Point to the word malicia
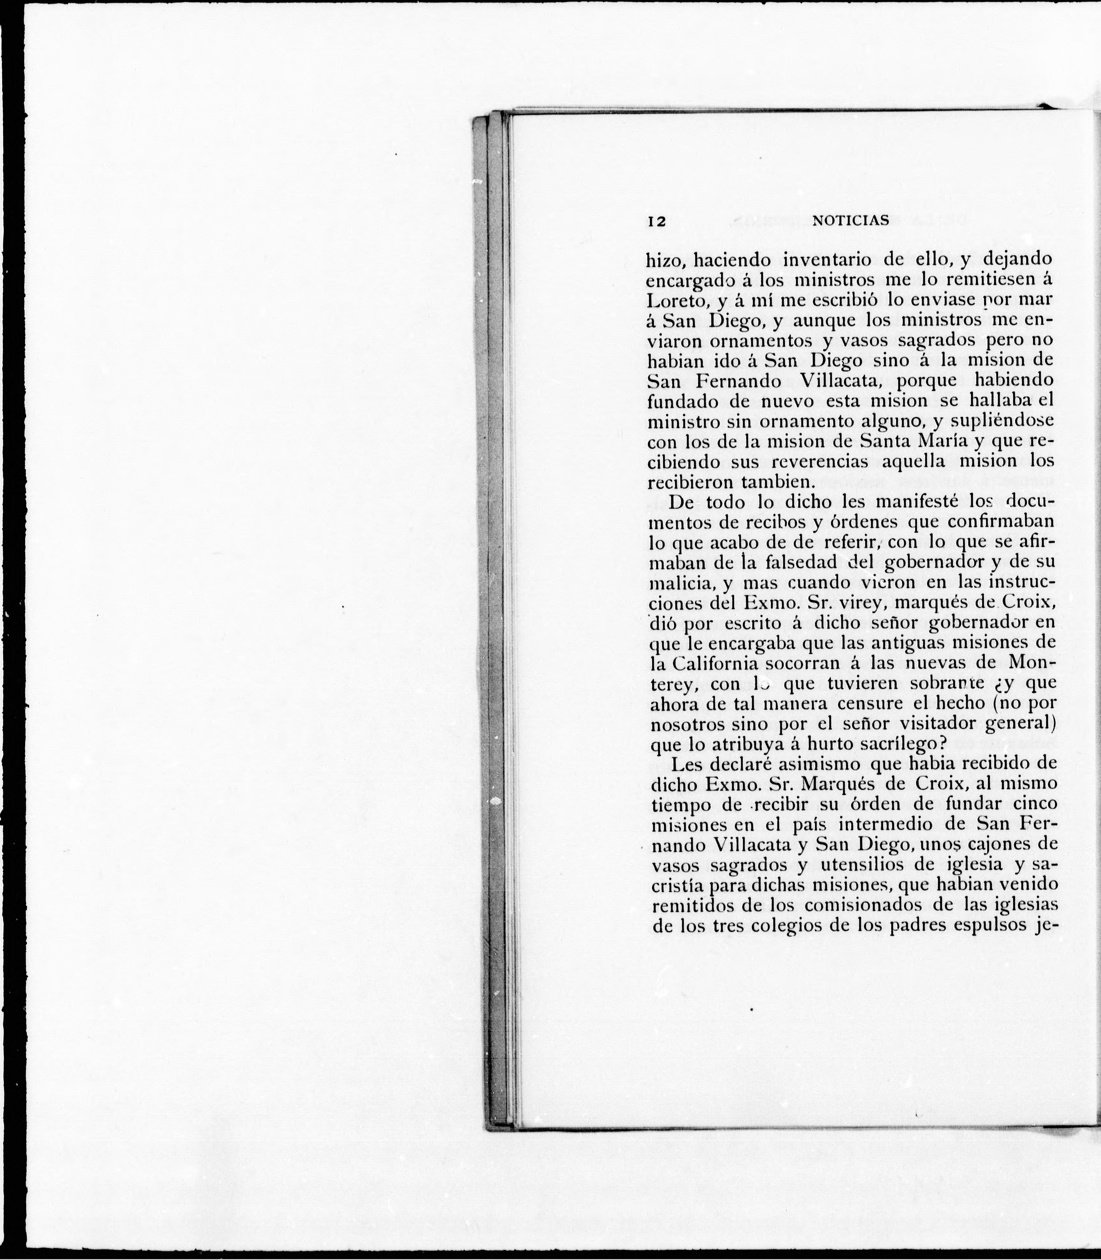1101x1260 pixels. [x=679, y=583]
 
